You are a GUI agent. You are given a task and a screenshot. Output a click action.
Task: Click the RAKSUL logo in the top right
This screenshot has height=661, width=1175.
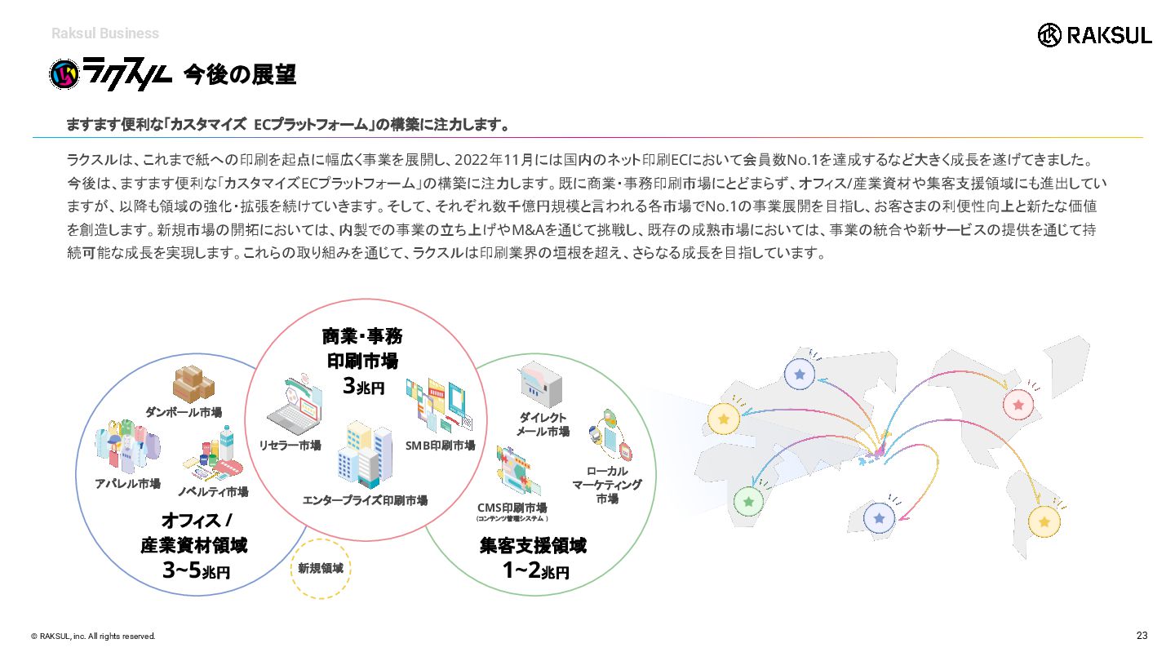click(1094, 35)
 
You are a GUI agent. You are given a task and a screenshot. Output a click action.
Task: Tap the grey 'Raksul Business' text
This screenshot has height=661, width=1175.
click(105, 33)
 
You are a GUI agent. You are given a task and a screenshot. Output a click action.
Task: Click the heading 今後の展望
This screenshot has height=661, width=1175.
click(240, 74)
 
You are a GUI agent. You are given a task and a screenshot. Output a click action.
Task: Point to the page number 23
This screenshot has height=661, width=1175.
click(1142, 635)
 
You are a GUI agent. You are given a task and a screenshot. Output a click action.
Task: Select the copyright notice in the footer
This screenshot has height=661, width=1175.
click(93, 637)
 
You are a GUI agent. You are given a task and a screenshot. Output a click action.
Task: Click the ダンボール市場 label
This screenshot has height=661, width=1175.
click(183, 412)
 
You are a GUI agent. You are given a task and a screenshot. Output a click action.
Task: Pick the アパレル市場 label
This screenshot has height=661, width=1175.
click(127, 484)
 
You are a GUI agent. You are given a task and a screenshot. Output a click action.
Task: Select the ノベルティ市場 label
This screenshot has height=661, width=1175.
click(213, 491)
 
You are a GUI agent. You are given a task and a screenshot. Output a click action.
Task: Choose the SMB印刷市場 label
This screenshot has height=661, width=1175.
click(440, 446)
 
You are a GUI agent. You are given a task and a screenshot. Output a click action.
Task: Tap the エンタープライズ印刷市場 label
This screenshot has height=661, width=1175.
click(365, 500)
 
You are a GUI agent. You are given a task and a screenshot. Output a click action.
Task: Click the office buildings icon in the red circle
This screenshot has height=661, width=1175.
click(365, 454)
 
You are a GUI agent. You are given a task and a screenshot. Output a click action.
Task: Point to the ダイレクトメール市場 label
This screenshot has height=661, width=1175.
click(543, 424)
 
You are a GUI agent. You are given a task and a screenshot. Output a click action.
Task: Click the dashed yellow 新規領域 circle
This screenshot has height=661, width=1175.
click(321, 539)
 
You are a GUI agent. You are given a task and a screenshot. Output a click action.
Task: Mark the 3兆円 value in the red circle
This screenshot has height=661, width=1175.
click(363, 386)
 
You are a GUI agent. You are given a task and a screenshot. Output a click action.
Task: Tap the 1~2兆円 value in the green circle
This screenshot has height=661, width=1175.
click(535, 570)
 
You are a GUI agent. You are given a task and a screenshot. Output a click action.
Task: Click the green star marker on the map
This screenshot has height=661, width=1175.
click(748, 502)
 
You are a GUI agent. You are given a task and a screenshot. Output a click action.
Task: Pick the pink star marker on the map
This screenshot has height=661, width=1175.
click(1018, 405)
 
